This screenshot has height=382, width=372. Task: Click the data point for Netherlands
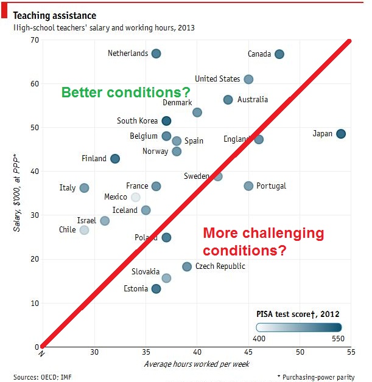156,54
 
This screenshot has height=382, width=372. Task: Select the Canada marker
279,54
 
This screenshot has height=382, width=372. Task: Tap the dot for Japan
341,134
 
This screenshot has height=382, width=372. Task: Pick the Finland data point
115,159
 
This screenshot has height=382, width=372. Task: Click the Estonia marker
156,289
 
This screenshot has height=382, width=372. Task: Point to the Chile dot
84,230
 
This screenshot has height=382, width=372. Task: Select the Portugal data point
248,186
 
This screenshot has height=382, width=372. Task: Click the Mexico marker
136,197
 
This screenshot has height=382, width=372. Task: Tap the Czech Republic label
221,266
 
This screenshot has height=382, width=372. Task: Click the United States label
217,79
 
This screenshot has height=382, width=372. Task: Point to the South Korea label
137,121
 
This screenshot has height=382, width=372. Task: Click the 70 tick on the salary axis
34,40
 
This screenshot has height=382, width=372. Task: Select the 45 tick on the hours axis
248,352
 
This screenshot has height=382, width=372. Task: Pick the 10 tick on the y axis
34,303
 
